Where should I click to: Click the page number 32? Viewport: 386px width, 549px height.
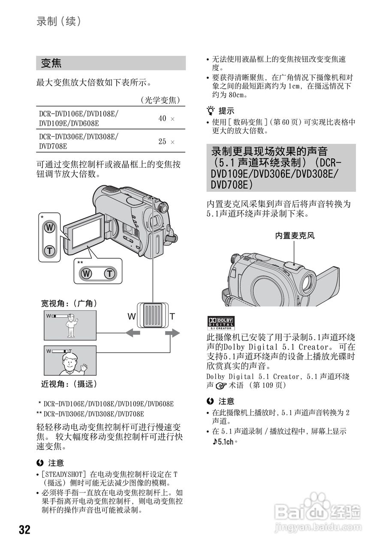25,529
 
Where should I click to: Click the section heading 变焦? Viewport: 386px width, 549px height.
51,63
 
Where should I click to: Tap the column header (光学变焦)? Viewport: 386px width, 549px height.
160,100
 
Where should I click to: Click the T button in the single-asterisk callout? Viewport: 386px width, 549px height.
50,250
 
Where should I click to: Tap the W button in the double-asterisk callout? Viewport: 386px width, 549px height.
87,273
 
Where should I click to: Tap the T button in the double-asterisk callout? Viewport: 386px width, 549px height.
110,273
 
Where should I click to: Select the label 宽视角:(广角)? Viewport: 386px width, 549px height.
69,303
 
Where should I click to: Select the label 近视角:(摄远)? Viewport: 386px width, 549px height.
69,384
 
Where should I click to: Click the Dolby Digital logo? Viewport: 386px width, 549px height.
221,323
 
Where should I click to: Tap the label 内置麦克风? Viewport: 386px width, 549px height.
295,235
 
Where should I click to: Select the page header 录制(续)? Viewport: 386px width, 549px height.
59,22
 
